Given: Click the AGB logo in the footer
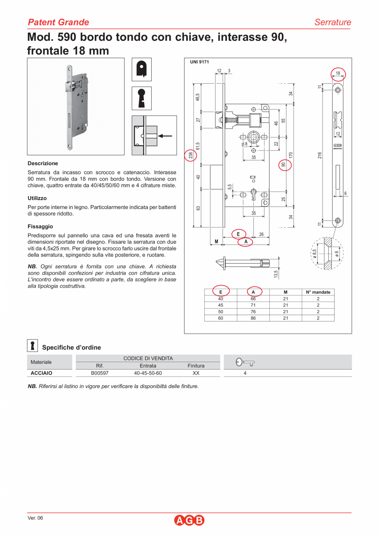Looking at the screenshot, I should click(189, 520).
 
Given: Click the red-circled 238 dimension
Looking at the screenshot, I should click(191, 156).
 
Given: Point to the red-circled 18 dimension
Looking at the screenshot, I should click(338, 73).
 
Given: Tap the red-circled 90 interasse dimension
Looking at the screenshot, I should click(283, 165).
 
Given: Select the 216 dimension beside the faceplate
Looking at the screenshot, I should click(320, 156).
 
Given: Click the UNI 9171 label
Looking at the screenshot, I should click(200, 62).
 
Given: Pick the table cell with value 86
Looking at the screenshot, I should click(253, 318).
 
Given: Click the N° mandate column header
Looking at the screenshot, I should click(318, 292).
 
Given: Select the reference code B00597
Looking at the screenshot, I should click(100, 373).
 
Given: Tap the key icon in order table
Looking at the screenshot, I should click(245, 363).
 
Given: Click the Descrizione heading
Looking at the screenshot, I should click(43, 164).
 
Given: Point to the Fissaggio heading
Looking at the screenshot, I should click(40, 227).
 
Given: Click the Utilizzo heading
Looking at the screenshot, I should click(37, 198).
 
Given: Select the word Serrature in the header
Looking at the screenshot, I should click(332, 22).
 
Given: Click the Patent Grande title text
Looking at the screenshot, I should click(58, 22).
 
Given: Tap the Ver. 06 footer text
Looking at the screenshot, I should click(35, 518).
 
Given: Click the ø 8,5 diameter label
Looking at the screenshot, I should click(314, 253).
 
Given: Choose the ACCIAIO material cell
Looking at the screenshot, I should click(41, 373).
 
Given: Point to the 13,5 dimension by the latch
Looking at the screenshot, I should click(276, 273).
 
